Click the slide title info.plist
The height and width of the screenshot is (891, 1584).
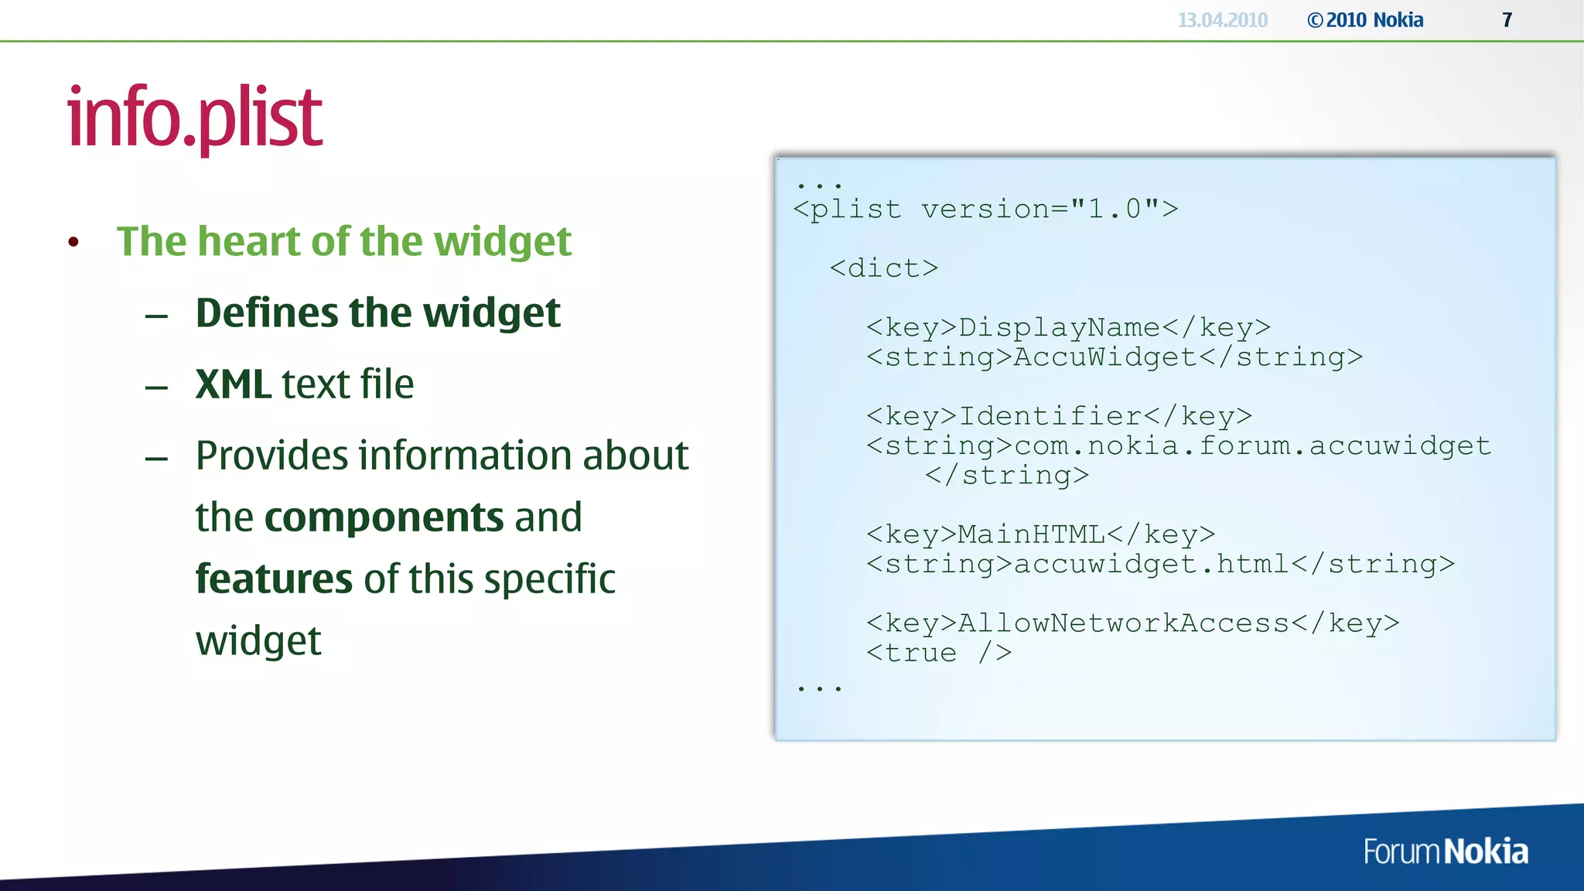tap(195, 118)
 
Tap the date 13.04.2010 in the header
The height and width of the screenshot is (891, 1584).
tap(1222, 20)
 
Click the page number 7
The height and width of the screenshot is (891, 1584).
tap(1507, 20)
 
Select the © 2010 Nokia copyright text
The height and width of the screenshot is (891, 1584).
tap(1365, 20)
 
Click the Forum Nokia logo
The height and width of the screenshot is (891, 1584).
tap(1445, 852)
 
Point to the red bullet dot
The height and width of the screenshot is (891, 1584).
tap(73, 242)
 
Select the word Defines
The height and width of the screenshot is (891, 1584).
tap(267, 312)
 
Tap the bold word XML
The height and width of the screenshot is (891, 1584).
tap(233, 384)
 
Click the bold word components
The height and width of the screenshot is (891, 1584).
tap(384, 517)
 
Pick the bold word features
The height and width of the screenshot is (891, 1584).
tap(274, 579)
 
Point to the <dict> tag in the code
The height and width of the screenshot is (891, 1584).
tap(883, 268)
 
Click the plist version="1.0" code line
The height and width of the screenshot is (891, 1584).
tap(985, 209)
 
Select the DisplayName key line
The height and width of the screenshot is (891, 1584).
tap(1068, 327)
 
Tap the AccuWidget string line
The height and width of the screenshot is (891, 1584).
tap(1114, 357)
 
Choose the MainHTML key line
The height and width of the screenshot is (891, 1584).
tap(1040, 534)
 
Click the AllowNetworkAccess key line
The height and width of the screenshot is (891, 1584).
tap(1132, 623)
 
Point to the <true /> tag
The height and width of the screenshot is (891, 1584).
tap(939, 654)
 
